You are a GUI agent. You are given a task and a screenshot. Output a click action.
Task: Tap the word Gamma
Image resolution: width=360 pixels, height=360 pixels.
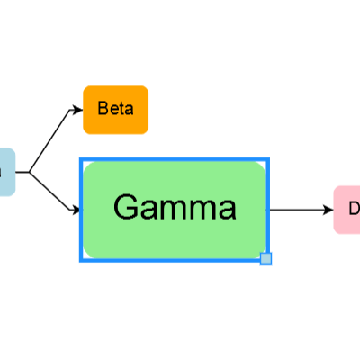(175, 208)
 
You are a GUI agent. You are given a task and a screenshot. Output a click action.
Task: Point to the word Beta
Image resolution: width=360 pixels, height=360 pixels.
(115, 110)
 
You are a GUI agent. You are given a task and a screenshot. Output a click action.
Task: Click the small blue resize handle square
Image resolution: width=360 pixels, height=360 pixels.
(265, 259)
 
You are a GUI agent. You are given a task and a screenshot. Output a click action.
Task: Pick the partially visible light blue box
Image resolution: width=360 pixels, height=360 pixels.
(6, 172)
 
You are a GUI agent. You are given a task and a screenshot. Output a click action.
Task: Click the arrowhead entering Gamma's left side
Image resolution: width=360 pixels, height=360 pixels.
(76, 212)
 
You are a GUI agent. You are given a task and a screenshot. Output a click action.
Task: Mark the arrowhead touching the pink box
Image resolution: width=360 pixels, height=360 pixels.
(328, 210)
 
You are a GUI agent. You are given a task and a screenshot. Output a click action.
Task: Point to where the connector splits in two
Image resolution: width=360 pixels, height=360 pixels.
(30, 172)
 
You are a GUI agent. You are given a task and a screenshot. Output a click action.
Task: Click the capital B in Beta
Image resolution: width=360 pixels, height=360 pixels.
(103, 110)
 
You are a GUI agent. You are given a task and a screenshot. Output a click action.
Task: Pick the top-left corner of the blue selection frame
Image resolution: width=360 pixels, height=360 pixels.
(81, 159)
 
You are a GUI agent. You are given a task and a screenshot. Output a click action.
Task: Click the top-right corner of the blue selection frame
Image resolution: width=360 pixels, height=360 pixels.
(269, 159)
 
